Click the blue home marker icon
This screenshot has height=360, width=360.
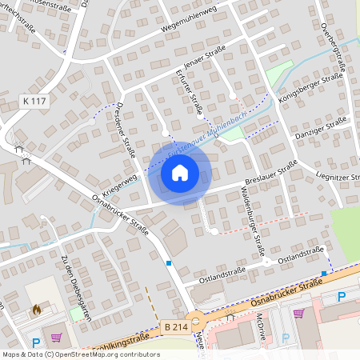(179, 173)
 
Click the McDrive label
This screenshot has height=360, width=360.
(262, 329)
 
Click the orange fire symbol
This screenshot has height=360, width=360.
(35, 308)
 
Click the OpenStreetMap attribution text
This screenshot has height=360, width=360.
(80, 354)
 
